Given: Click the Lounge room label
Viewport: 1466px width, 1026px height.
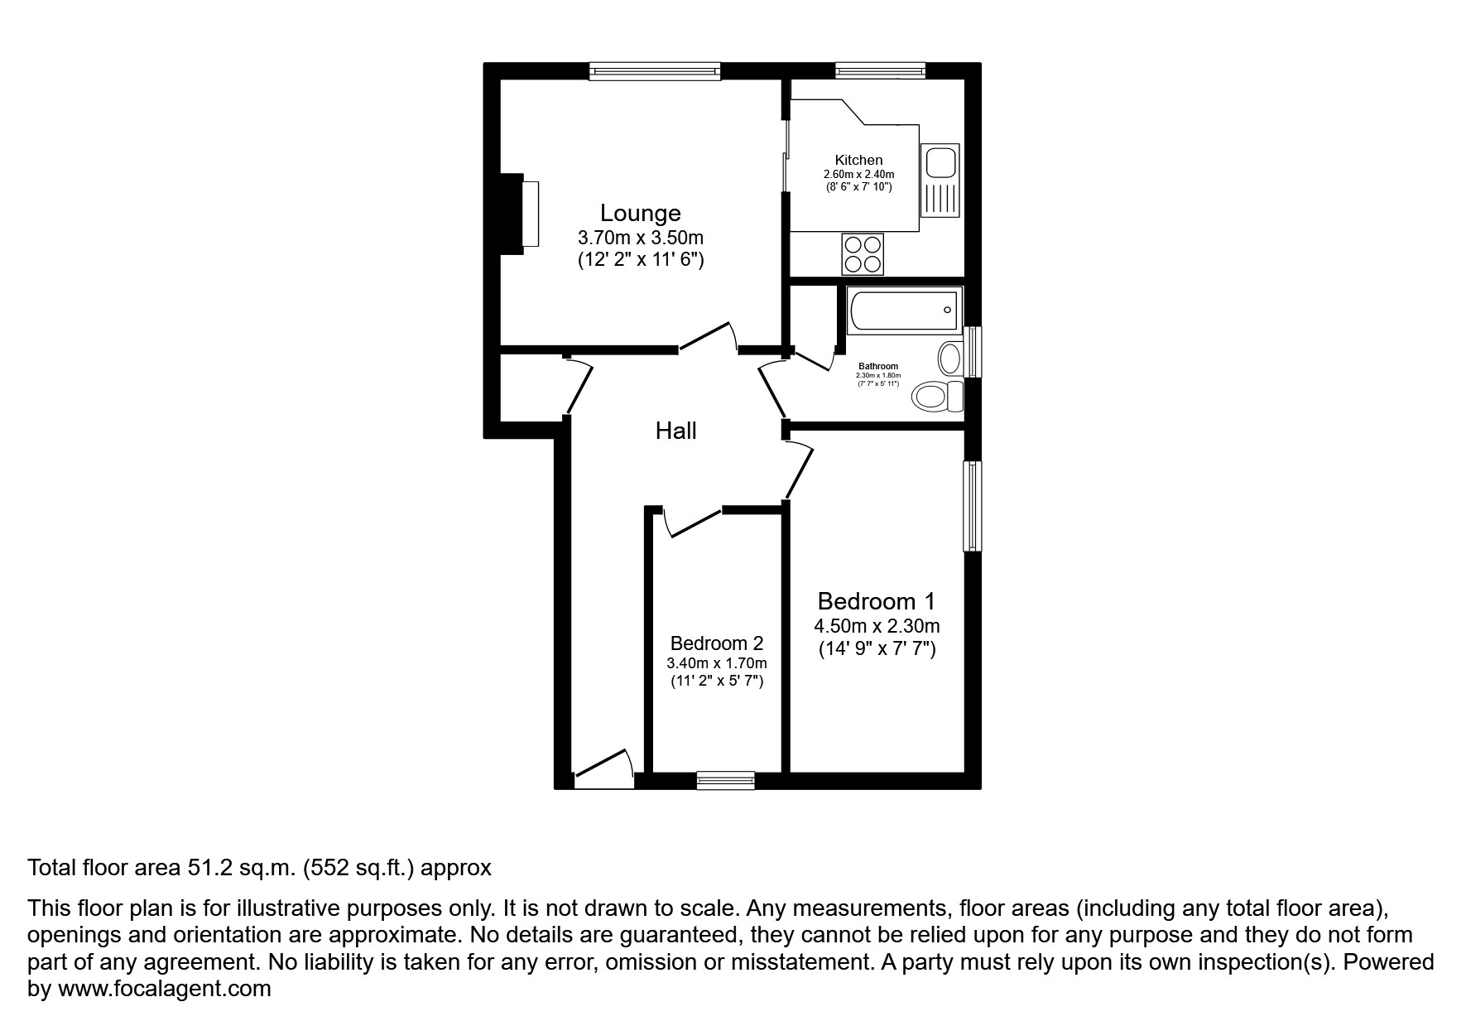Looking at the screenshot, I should point(640,213).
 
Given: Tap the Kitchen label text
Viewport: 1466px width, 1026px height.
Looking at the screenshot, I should point(858,160).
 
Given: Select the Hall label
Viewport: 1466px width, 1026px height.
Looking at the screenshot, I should point(675,431).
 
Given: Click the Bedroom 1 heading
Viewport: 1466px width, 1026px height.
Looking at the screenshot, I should point(876,601).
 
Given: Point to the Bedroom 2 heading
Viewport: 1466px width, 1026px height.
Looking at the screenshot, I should point(716,643).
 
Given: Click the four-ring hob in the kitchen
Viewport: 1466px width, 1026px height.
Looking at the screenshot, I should point(863,254).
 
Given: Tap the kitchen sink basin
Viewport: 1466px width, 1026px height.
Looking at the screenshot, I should point(940,162).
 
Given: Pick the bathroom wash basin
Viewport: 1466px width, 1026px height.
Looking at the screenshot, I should point(950,359).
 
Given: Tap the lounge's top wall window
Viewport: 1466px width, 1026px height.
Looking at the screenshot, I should point(655,72).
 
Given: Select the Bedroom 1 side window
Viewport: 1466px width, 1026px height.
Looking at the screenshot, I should point(973,505).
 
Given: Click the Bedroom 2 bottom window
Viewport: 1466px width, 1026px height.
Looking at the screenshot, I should point(725,779).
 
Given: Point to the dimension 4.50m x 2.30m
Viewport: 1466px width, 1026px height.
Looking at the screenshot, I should point(876,627).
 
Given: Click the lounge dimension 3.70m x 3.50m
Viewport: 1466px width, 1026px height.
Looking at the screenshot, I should point(640,238).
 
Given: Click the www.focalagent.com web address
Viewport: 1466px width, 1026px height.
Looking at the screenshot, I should point(163,989).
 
